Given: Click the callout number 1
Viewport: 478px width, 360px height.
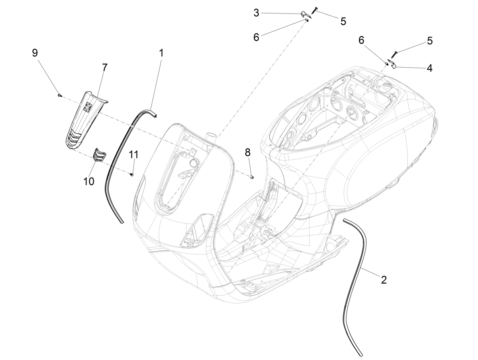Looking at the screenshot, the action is pyautogui.click(x=161, y=53).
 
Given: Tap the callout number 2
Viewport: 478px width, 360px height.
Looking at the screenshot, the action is pyautogui.click(x=384, y=280).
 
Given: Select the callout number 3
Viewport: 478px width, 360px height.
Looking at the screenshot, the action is pyautogui.click(x=256, y=13).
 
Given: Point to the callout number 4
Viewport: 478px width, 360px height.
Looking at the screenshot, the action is pyautogui.click(x=429, y=68).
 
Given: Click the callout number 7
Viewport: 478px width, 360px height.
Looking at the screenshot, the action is pyautogui.click(x=105, y=67).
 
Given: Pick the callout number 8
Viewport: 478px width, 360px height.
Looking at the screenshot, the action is pyautogui.click(x=248, y=153).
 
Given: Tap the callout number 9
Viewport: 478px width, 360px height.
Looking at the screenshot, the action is pyautogui.click(x=35, y=53).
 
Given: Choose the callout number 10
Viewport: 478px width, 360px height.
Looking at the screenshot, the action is pyautogui.click(x=89, y=181).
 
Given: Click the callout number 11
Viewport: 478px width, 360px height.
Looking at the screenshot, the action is pyautogui.click(x=133, y=155).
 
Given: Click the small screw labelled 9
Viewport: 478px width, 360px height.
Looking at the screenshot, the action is pyautogui.click(x=59, y=95).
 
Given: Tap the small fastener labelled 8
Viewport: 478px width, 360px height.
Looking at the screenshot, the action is pyautogui.click(x=251, y=177).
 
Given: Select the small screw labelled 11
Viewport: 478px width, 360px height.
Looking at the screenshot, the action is pyautogui.click(x=131, y=174).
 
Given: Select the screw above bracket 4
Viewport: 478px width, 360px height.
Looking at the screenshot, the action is pyautogui.click(x=395, y=55).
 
